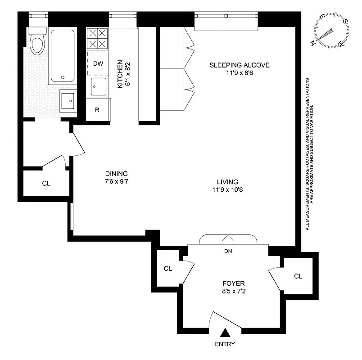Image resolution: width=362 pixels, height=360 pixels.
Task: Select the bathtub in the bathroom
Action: [62, 56]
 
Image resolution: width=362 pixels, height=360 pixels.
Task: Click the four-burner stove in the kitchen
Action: [98, 38]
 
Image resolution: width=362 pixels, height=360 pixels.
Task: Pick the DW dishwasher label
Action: [98, 63]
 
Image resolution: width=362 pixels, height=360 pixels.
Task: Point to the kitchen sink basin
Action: [98, 86]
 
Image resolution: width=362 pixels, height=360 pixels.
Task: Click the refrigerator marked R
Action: [97, 110]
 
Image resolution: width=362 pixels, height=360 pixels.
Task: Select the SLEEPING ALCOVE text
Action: [239, 65]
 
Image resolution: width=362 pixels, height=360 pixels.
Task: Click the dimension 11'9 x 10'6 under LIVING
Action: [227, 189]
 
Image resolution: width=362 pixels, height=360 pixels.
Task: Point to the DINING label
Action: [116, 174]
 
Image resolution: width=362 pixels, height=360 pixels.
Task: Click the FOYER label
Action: [233, 283]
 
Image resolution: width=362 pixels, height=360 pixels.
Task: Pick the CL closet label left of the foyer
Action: [167, 269]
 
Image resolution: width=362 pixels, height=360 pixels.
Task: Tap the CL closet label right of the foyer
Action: [298, 276]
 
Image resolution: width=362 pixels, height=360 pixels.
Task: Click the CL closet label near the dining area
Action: [46, 183]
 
